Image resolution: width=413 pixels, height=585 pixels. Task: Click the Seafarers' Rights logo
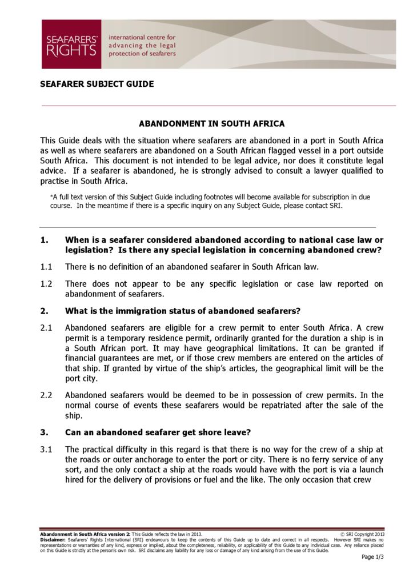click(71, 44)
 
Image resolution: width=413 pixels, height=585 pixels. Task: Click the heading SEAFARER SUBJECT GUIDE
click(97, 84)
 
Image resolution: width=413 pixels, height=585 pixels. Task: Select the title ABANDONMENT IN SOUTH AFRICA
click(212, 123)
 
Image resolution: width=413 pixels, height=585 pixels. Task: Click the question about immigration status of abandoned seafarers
click(183, 311)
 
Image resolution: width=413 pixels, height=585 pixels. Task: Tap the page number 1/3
click(373, 557)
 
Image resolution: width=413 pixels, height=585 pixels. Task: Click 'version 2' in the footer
click(120, 534)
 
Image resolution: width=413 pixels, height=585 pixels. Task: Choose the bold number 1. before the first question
click(45, 239)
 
